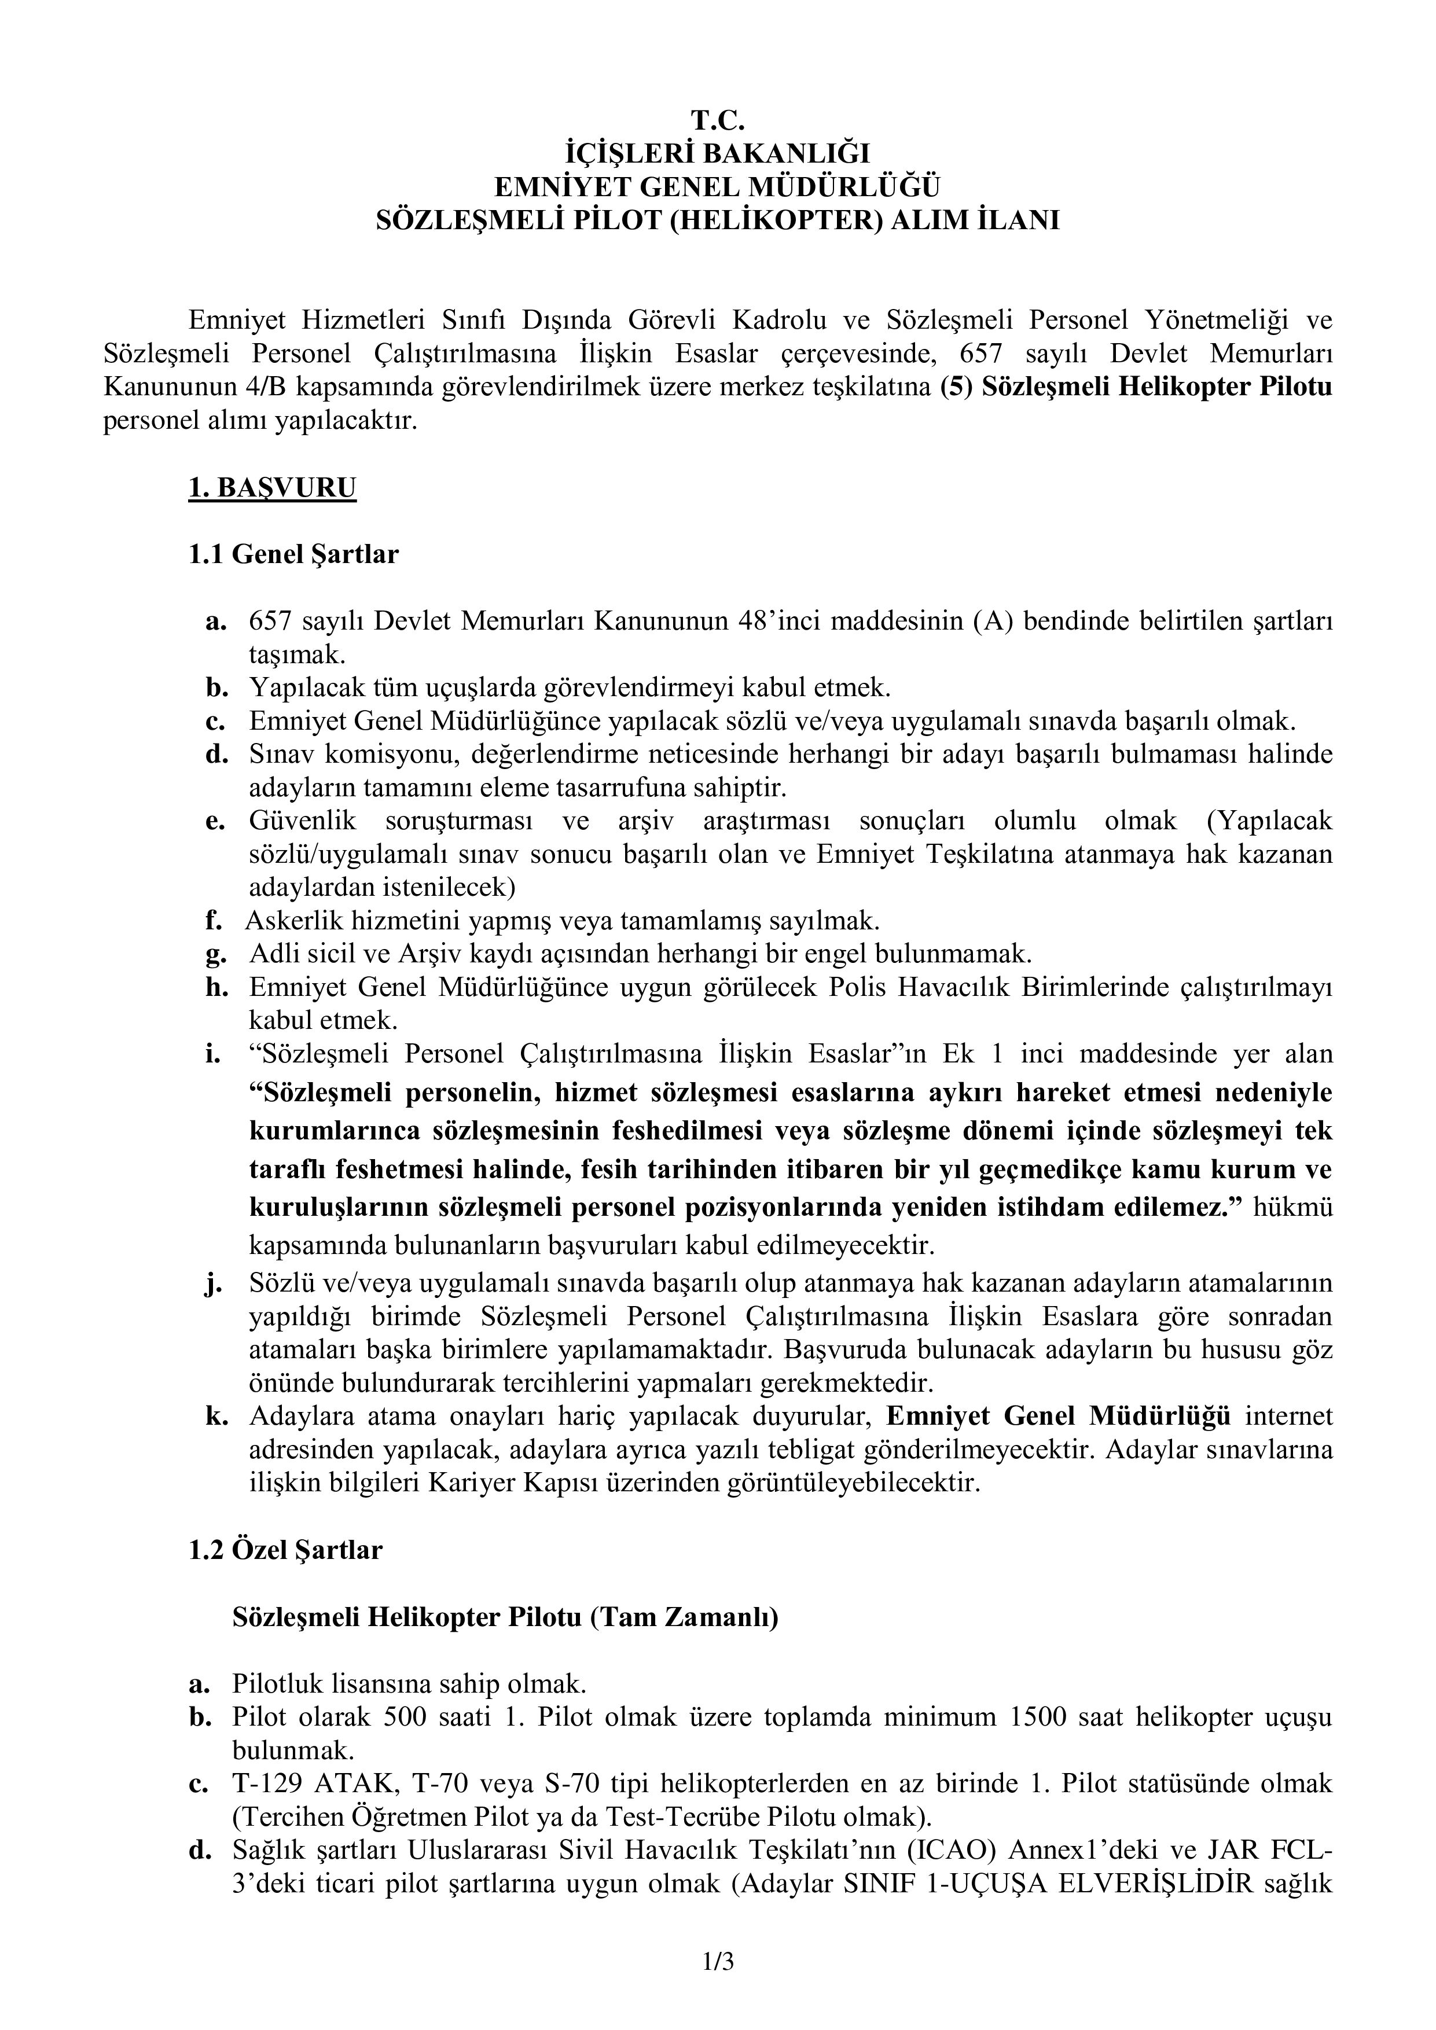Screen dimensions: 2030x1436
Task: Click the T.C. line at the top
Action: pos(717,119)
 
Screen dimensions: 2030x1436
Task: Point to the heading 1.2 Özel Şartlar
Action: pos(285,1551)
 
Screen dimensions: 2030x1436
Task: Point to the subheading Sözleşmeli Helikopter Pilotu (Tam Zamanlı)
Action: pos(505,1617)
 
